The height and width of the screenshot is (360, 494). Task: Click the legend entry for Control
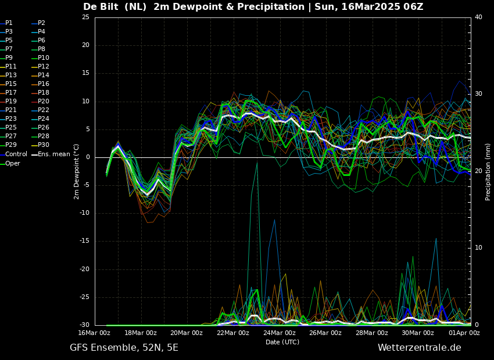click(x=16, y=154)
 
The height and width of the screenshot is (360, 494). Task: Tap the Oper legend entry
click(x=13, y=163)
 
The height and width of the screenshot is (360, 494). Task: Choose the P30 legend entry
click(x=44, y=145)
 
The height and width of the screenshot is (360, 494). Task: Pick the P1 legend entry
click(x=9, y=23)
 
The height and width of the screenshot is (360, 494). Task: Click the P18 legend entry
click(x=44, y=93)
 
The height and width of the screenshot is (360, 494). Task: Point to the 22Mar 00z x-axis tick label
click(x=233, y=333)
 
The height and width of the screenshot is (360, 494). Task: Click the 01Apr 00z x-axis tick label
click(x=464, y=333)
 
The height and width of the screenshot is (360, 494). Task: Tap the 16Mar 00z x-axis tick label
click(x=95, y=333)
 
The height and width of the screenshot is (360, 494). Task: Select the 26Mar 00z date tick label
click(x=325, y=333)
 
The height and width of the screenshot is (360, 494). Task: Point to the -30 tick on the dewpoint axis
click(x=85, y=325)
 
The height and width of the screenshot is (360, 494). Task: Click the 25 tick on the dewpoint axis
click(x=86, y=17)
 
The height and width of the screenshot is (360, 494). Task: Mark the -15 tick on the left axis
click(x=85, y=241)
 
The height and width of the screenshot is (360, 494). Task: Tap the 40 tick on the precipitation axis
click(x=478, y=17)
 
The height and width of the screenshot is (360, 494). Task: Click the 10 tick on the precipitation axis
click(x=478, y=248)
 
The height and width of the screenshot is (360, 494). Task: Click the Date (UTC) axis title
click(x=282, y=342)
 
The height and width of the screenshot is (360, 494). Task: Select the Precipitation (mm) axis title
click(x=488, y=172)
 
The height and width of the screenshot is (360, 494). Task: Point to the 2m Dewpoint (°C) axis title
click(x=77, y=172)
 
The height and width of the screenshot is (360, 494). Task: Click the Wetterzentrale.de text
click(x=419, y=348)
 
